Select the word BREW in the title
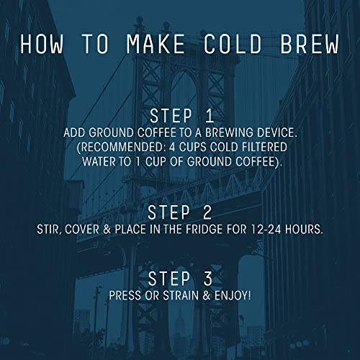pos(308,43)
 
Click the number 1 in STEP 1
pos(204,116)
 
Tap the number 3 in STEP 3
pos(204,278)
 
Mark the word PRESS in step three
pos(127,295)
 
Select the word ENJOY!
pos(233,295)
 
